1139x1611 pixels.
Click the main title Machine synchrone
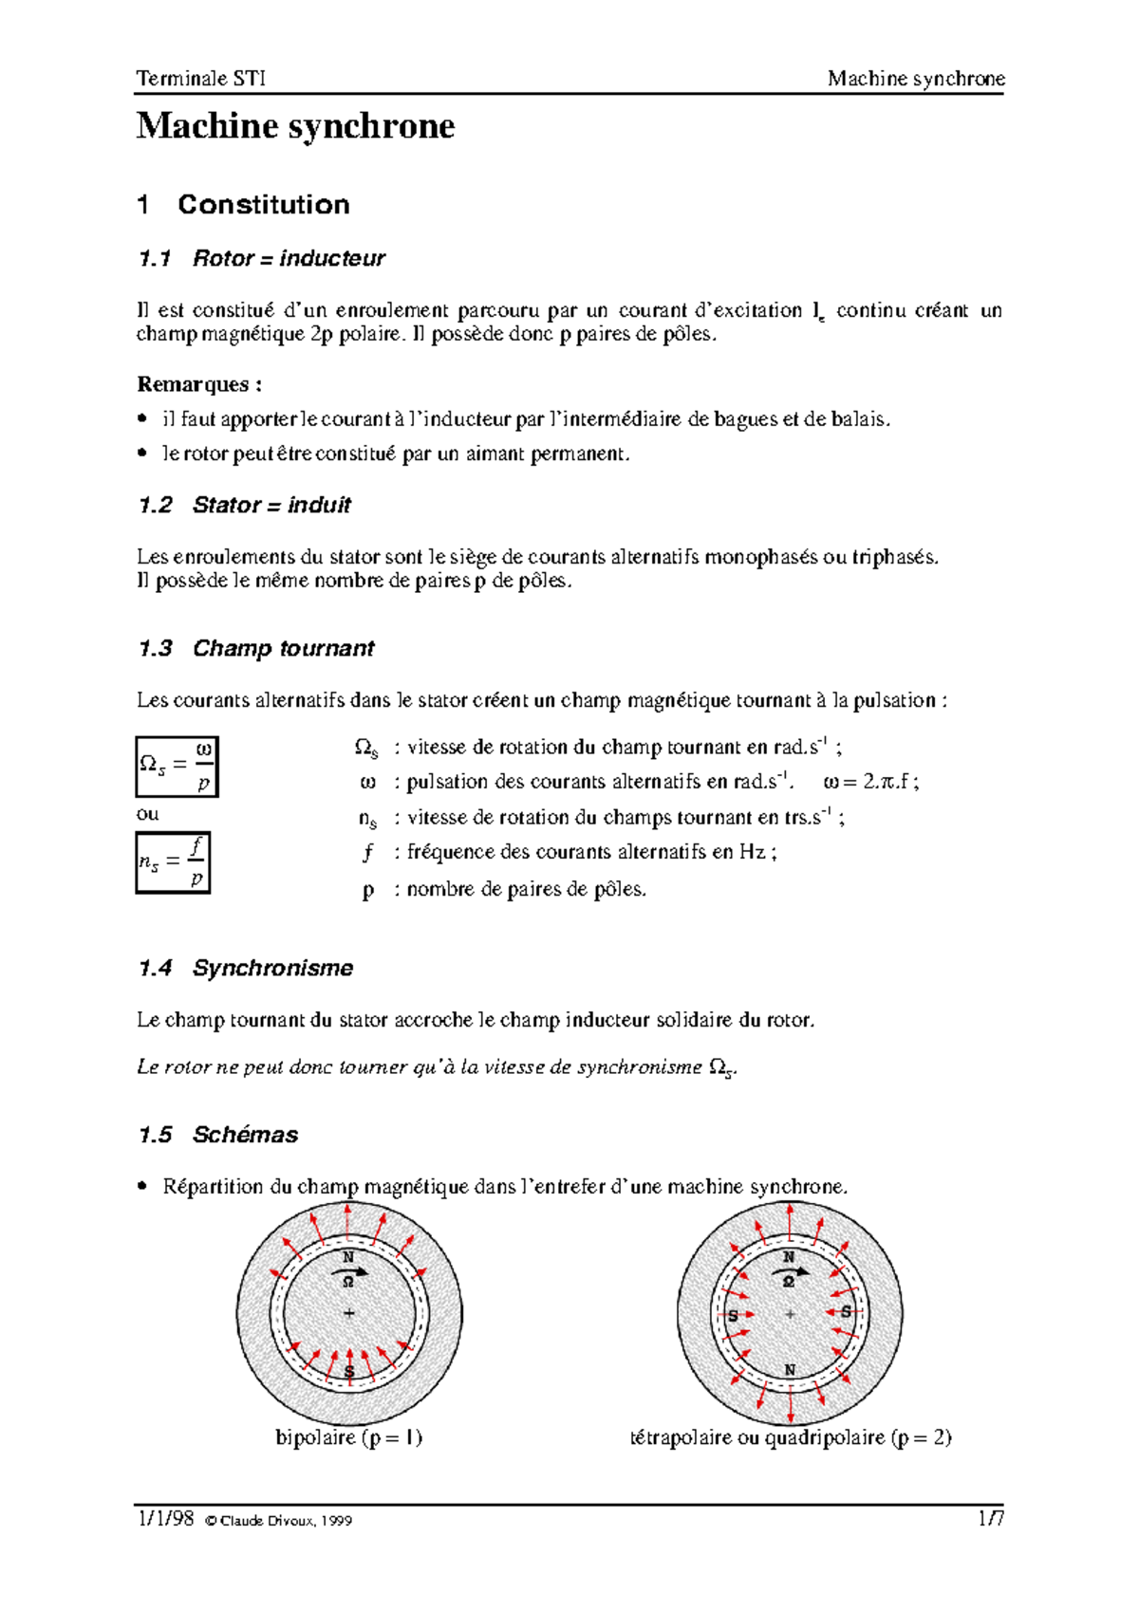point(295,126)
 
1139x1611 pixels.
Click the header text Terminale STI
point(200,78)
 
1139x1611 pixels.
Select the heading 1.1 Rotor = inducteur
point(261,258)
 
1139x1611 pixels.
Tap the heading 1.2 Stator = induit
point(244,505)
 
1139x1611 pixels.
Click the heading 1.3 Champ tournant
point(256,648)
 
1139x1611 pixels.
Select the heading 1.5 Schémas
point(218,1135)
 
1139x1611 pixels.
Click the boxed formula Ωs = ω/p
point(177,766)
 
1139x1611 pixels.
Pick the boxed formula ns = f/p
point(173,862)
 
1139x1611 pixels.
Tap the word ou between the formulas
point(147,814)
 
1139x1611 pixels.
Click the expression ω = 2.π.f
point(870,782)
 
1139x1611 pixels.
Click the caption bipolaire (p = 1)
point(348,1437)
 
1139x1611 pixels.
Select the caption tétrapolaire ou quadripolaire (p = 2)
point(790,1437)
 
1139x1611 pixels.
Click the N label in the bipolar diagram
point(348,1257)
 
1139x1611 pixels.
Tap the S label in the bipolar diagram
point(349,1372)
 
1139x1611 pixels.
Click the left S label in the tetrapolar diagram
point(733,1315)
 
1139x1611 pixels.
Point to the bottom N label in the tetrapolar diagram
point(790,1370)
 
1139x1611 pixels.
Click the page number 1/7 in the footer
point(991,1519)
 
